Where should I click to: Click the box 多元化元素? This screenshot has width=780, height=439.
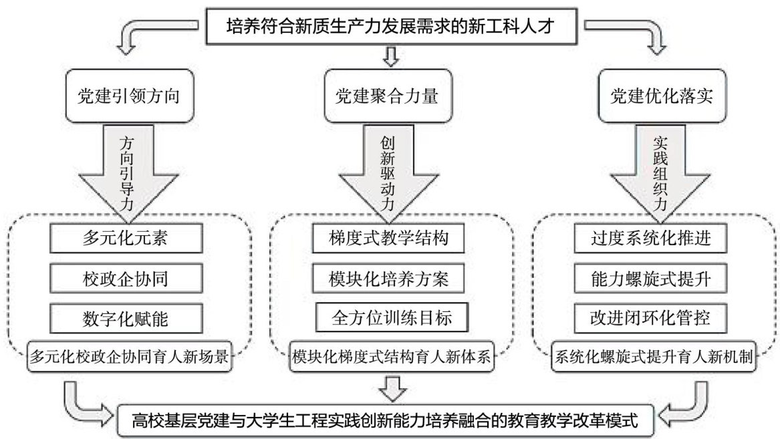click(126, 239)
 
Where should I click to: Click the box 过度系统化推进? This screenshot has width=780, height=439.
click(650, 239)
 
